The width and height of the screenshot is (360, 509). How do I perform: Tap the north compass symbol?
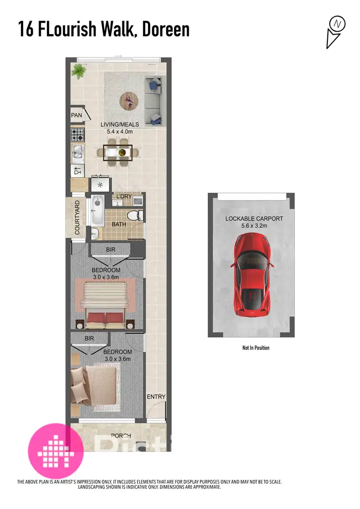point(336,24)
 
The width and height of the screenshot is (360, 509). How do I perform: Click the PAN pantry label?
point(76,115)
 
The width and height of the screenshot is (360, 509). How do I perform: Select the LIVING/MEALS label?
point(117,125)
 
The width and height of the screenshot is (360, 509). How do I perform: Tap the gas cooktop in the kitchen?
point(78,133)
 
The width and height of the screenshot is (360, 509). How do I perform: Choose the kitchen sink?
point(78,153)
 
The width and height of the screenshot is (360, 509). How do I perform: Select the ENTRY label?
point(156,397)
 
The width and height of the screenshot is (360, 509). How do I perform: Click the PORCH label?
point(120,436)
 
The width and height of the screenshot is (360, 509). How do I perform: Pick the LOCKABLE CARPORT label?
point(254,219)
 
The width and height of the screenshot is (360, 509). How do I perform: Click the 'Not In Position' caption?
point(256,348)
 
